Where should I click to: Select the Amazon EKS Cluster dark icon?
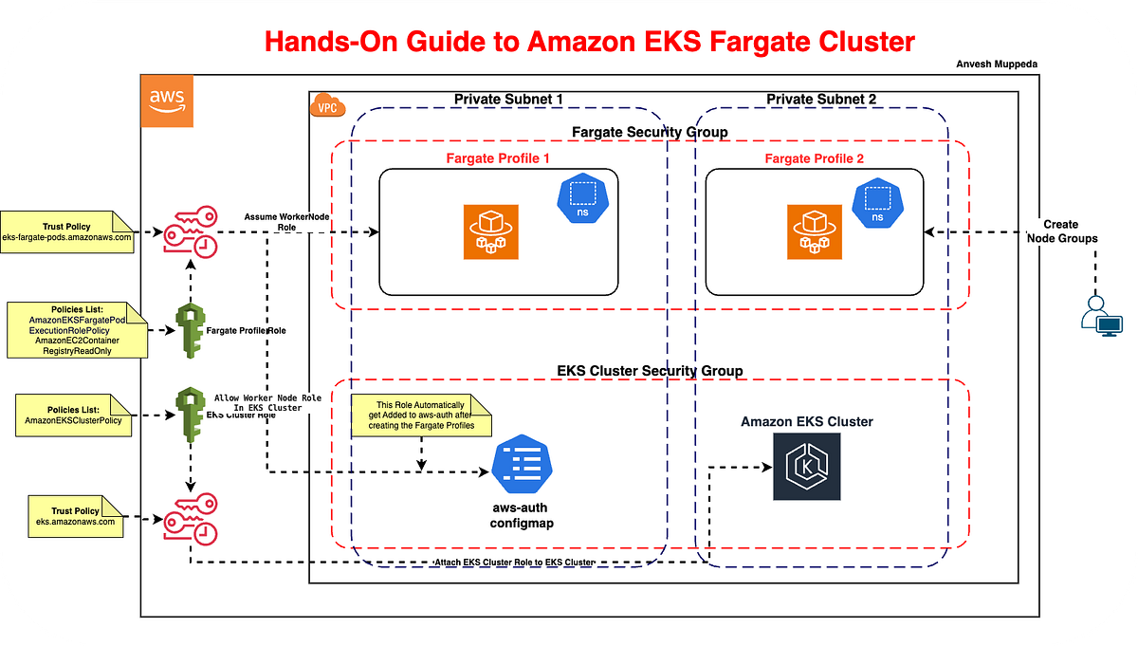pyautogui.click(x=806, y=467)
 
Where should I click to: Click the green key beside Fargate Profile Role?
pyautogui.click(x=191, y=331)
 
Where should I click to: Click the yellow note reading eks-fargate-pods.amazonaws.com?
pyautogui.click(x=67, y=231)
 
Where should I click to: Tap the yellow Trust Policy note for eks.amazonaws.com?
pyautogui.click(x=75, y=516)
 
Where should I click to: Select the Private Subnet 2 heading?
pyautogui.click(x=821, y=99)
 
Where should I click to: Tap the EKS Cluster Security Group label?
pyautogui.click(x=649, y=370)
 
